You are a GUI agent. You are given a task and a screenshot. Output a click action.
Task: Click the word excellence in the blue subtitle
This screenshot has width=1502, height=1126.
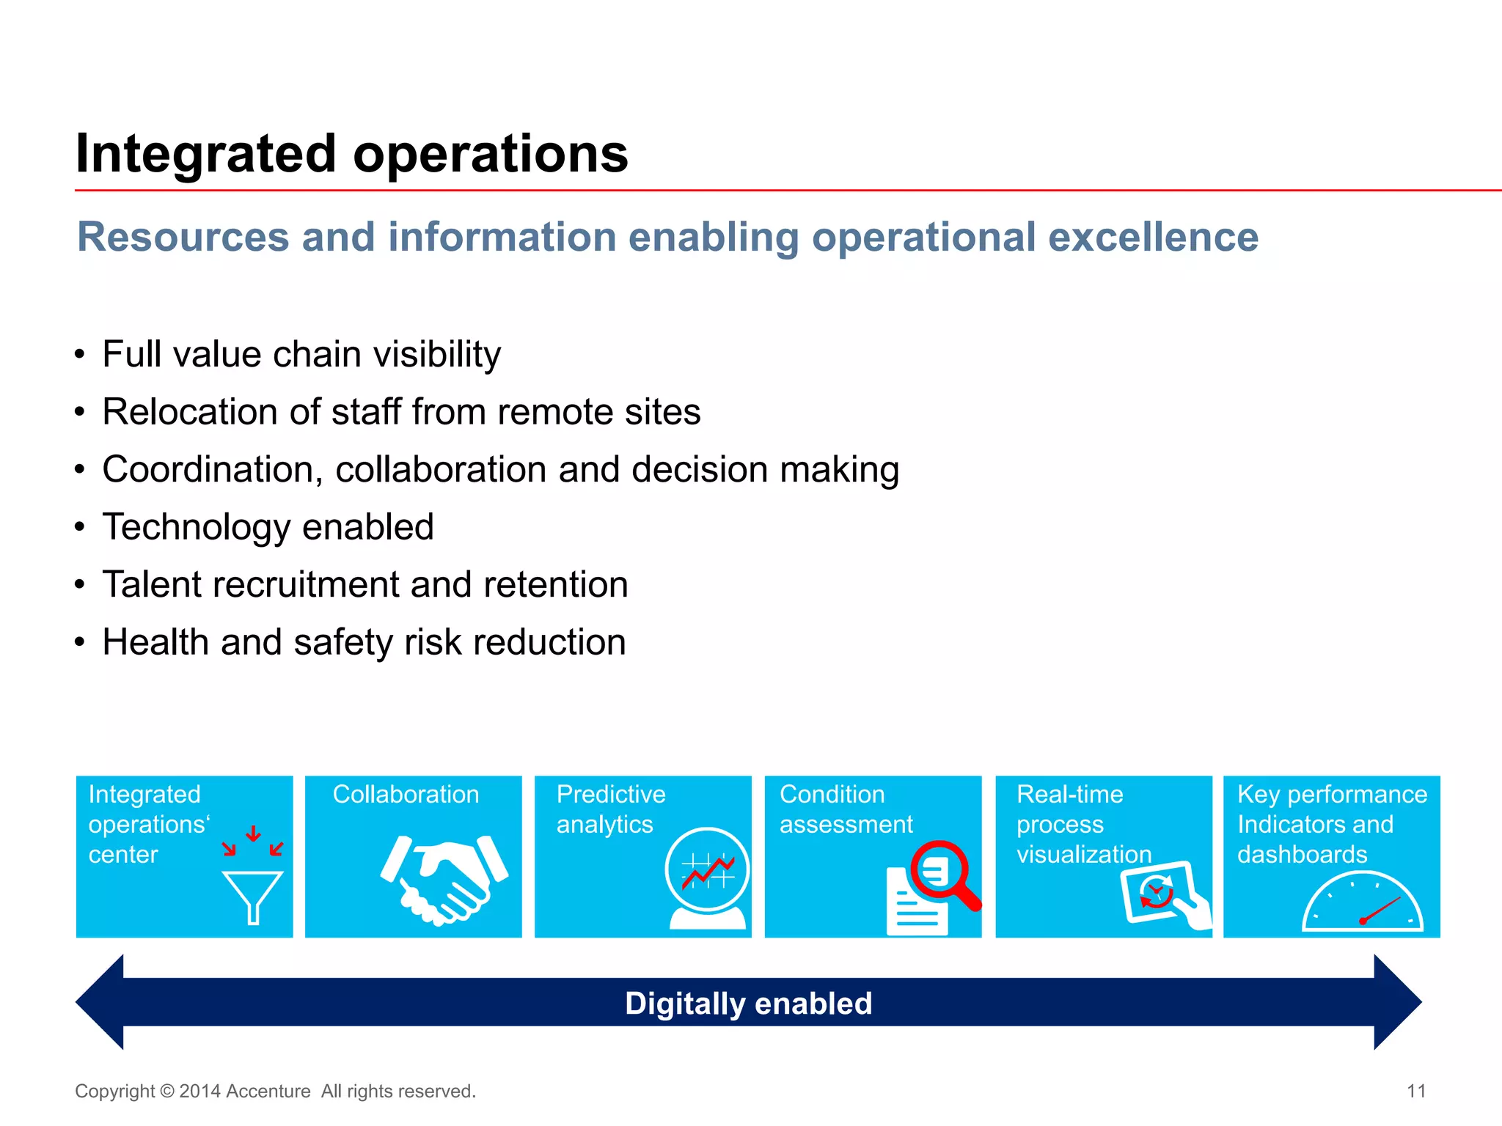(1153, 238)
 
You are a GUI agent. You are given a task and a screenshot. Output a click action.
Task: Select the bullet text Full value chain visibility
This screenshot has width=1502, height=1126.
(301, 355)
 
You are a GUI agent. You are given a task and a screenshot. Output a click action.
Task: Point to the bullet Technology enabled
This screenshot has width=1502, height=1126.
(268, 527)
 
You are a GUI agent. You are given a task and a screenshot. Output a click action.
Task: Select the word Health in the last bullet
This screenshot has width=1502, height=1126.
(155, 642)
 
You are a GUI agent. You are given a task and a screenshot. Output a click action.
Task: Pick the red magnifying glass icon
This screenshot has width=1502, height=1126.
(945, 874)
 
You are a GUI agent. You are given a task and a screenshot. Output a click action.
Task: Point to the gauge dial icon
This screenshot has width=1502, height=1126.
(1362, 903)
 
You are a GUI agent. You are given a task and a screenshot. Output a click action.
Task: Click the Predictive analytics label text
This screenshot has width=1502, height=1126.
(610, 809)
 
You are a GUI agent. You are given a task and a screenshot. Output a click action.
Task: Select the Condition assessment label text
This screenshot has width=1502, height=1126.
(845, 809)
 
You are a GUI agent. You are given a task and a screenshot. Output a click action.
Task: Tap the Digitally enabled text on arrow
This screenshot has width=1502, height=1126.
(748, 1003)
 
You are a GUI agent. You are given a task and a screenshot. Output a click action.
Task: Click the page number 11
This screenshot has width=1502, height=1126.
(1415, 1091)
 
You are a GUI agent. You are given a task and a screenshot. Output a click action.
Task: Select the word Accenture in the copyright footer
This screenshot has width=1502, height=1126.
(268, 1091)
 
